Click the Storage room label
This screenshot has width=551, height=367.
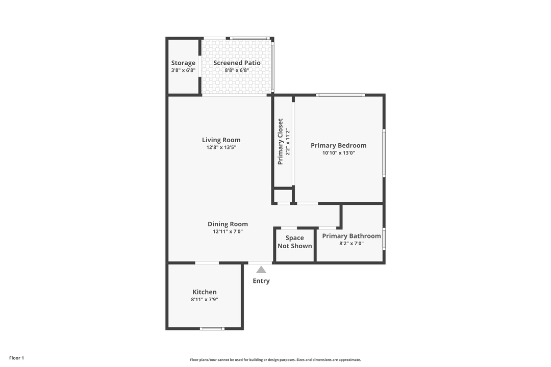tap(183, 63)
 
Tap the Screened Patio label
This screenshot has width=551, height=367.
tap(237, 63)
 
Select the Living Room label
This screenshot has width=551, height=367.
tap(221, 140)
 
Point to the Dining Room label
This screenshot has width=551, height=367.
tap(228, 224)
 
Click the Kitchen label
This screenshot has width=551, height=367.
tap(204, 292)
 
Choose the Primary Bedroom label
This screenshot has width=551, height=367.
tap(338, 145)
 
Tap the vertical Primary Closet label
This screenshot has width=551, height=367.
tap(280, 142)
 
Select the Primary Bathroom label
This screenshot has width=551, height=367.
tap(351, 236)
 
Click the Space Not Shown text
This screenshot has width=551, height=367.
tap(294, 242)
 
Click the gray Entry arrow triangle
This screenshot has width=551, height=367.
tap(261, 270)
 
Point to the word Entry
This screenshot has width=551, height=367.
tap(261, 281)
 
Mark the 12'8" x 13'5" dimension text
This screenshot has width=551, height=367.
tap(221, 147)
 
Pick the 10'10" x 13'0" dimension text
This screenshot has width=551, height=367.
tap(338, 152)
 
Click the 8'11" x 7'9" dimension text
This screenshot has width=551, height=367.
tap(204, 300)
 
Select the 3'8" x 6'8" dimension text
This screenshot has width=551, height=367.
tap(183, 70)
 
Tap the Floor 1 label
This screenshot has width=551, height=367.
tap(16, 358)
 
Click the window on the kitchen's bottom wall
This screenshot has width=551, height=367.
tap(212, 329)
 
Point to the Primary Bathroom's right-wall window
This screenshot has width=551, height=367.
tap(384, 239)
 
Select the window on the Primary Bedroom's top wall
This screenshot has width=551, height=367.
tap(340, 95)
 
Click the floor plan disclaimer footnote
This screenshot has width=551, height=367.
tap(275, 359)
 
